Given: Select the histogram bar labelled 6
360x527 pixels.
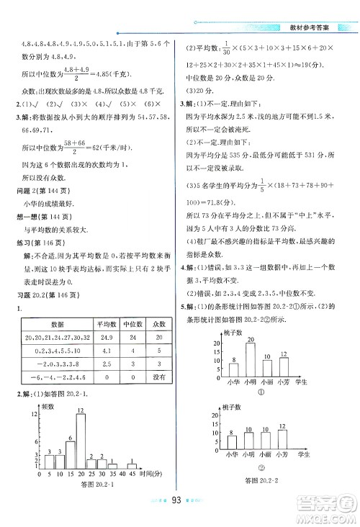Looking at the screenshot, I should pyautogui.click(x=70, y=461).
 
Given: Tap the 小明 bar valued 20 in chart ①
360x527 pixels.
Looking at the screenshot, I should pyautogui.click(x=251, y=357).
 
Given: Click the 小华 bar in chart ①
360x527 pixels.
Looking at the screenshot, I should pyautogui.click(x=235, y=366).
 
